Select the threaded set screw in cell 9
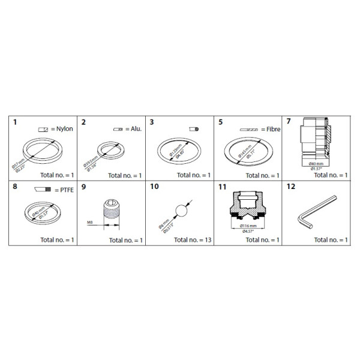(113, 213)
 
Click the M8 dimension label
(89, 221)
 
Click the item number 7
(289, 122)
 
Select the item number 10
(154, 187)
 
